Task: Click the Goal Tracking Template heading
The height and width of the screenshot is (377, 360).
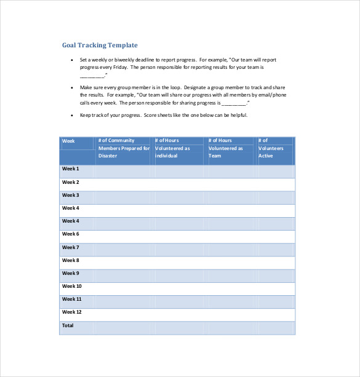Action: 100,45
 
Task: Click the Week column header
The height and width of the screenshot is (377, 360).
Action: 68,141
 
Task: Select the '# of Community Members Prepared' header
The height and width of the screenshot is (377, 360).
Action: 124,148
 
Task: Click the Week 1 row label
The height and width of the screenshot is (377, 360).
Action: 71,169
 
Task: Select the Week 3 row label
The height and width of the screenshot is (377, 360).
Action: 71,195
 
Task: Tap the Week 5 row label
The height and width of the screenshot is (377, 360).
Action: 71,221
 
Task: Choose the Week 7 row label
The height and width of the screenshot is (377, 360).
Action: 71,247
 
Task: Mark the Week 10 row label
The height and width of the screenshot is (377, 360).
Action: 72,286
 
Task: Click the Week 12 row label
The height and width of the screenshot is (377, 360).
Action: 72,312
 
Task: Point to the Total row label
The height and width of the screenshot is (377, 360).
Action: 68,325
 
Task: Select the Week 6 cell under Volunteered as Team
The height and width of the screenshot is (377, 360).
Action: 231,234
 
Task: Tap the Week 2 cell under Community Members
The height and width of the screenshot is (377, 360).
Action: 124,183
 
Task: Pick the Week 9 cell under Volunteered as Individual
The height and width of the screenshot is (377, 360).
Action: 179,274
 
